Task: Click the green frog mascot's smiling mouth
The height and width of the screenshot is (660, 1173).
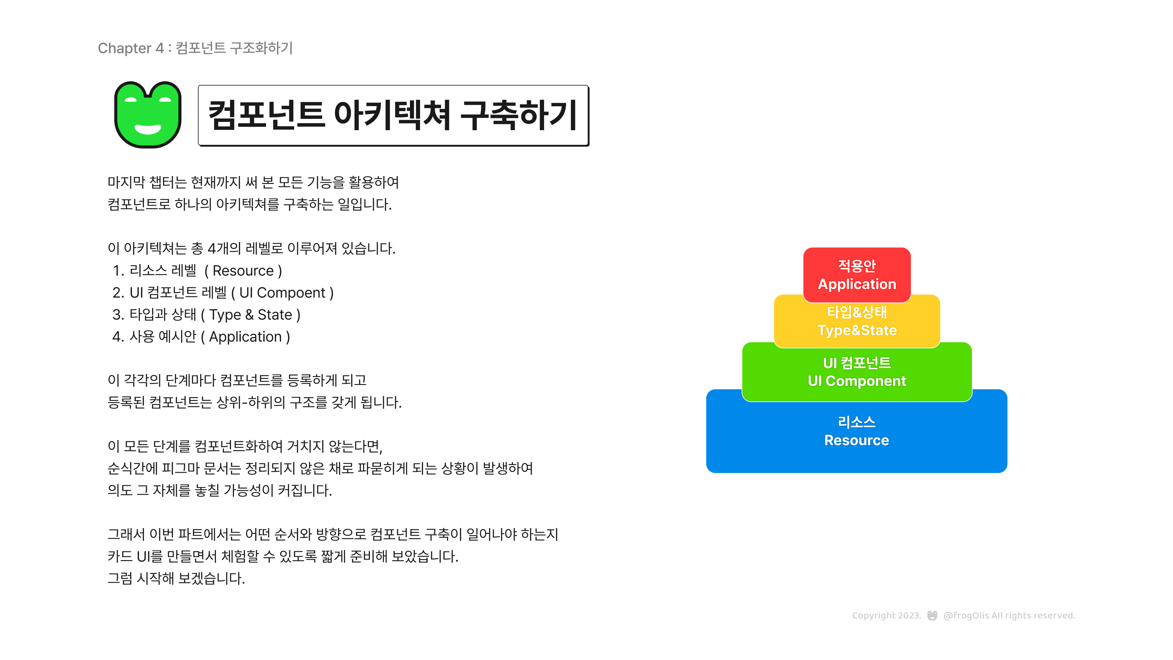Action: (148, 129)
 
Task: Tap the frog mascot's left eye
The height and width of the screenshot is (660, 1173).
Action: (131, 99)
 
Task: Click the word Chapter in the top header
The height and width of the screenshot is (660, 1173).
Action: (124, 48)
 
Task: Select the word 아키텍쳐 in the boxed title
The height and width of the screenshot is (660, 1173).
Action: (392, 115)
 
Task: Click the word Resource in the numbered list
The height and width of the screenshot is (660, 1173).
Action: (243, 271)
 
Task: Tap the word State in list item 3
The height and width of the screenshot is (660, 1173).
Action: (275, 315)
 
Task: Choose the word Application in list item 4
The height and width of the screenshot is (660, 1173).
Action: (245, 337)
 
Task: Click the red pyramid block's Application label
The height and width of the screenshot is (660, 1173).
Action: (857, 284)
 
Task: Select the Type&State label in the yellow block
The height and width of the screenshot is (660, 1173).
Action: (857, 331)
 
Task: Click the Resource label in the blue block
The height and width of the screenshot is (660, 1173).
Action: (857, 440)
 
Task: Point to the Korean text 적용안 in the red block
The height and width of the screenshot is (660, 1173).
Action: (857, 266)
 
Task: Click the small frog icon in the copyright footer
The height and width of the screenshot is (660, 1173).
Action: (932, 615)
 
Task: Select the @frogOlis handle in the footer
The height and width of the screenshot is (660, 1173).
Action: (966, 616)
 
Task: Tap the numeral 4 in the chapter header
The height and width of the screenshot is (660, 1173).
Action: (159, 48)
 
